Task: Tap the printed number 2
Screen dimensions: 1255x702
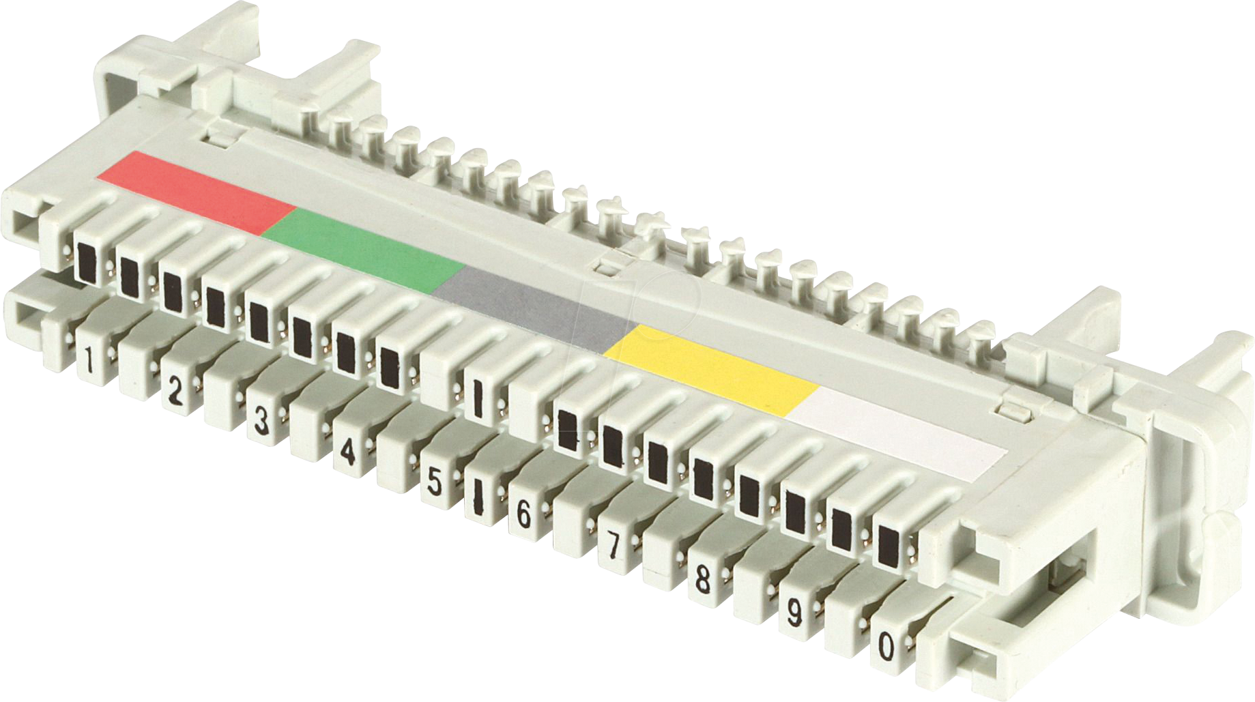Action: click(175, 392)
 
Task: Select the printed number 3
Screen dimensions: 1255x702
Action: click(261, 421)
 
